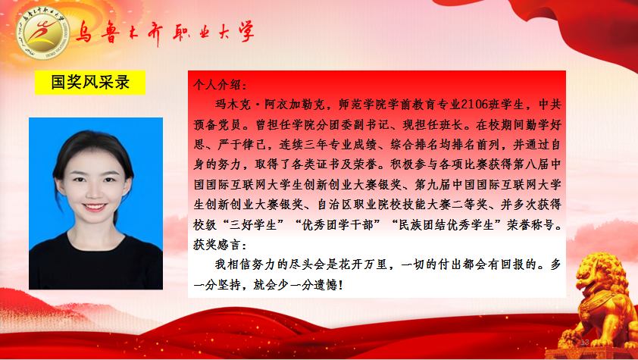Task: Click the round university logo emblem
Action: tap(42, 33)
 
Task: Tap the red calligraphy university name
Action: tap(164, 32)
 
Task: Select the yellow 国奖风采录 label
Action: tap(90, 83)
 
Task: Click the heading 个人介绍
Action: tap(220, 85)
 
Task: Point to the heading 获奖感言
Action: tap(220, 245)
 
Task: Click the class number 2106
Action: tap(474, 105)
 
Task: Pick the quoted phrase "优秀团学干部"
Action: tap(333, 225)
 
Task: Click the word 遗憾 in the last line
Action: tap(325, 285)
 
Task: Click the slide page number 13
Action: tap(585, 342)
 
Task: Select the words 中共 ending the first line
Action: tap(549, 105)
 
